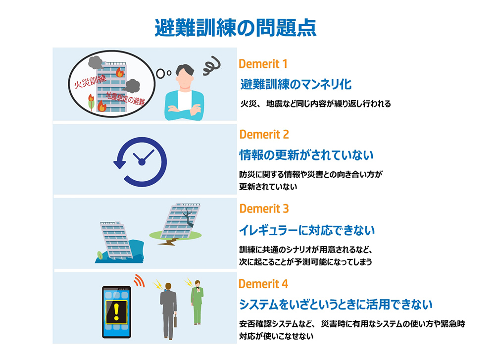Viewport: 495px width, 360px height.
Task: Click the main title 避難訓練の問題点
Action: pyautogui.click(x=235, y=28)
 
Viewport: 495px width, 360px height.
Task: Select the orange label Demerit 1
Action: pyautogui.click(x=263, y=64)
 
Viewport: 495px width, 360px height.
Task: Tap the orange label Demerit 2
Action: pyautogui.click(x=264, y=135)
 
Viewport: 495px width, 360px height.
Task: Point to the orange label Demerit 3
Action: pyautogui.click(x=264, y=209)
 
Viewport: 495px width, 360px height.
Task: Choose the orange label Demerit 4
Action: pyautogui.click(x=263, y=284)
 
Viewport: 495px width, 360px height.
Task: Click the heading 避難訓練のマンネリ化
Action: pyautogui.click(x=296, y=84)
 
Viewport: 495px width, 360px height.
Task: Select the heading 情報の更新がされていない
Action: pyautogui.click(x=306, y=155)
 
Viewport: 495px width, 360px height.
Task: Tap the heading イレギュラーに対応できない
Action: pyautogui.click(x=307, y=230)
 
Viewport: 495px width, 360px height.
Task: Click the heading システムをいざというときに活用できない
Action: pyautogui.click(x=336, y=305)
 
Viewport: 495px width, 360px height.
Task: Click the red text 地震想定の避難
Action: pyautogui.click(x=125, y=98)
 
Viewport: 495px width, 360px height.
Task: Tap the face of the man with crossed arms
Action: pyautogui.click(x=184, y=79)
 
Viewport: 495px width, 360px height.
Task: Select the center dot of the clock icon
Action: pyautogui.click(x=142, y=162)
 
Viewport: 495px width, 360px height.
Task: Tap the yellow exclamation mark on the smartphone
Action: pyautogui.click(x=116, y=311)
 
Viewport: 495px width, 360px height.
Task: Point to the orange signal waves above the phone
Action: pyautogui.click(x=139, y=280)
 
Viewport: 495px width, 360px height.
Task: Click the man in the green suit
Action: pyautogui.click(x=197, y=302)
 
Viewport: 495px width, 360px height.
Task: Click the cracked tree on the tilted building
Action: pyautogui.click(x=189, y=216)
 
